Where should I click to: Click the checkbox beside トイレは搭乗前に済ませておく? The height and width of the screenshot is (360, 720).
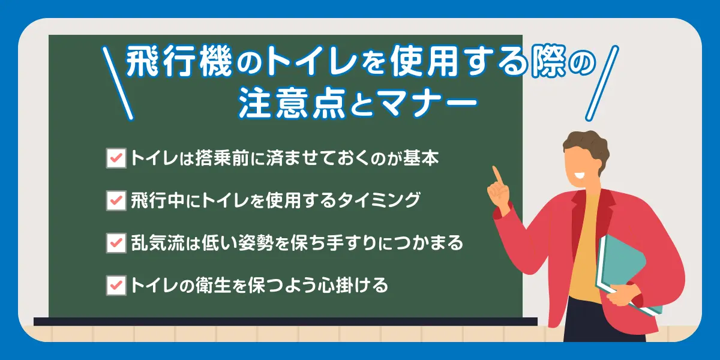[x=116, y=158]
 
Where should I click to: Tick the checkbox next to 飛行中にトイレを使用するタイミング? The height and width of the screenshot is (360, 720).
[x=116, y=200]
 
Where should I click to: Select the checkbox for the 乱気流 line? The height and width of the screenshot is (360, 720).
[x=116, y=242]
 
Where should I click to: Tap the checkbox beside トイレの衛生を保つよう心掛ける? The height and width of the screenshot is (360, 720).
[x=116, y=284]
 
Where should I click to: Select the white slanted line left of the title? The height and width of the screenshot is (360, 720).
[x=118, y=83]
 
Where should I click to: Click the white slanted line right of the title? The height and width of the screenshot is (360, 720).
[x=601, y=84]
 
